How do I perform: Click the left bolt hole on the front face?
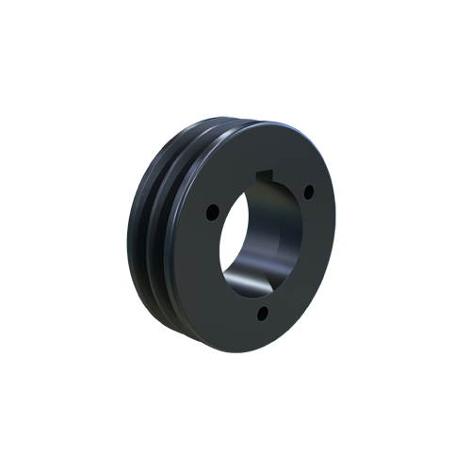212,208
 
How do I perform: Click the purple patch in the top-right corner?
325,126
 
